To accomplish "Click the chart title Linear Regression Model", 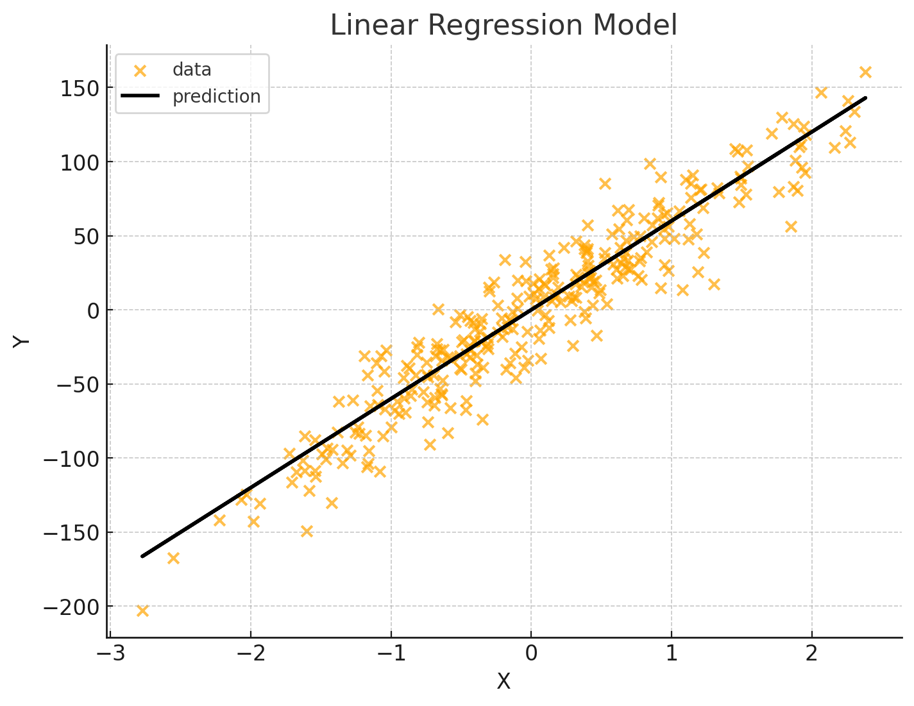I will pyautogui.click(x=504, y=26).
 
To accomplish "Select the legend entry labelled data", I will pyautogui.click(x=192, y=70).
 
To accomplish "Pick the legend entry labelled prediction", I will pyautogui.click(x=216, y=97).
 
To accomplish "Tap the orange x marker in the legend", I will pyautogui.click(x=140, y=71).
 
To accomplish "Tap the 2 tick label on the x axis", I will pyautogui.click(x=811, y=655).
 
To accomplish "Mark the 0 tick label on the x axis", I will pyautogui.click(x=531, y=655).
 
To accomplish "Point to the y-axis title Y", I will pyautogui.click(x=22, y=340).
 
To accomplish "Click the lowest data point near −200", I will pyautogui.click(x=142, y=610).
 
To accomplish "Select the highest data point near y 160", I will pyautogui.click(x=865, y=72).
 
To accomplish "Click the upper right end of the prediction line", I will pyautogui.click(x=865, y=98).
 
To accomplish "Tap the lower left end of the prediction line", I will pyautogui.click(x=143, y=555).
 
